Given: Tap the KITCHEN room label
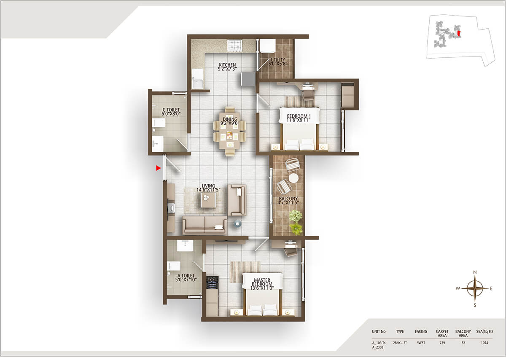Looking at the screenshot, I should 227,67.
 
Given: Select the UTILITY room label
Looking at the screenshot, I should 278,62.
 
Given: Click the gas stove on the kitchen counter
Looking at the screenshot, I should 233,45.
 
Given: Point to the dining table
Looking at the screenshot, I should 229,132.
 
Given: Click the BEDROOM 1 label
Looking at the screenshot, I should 299,118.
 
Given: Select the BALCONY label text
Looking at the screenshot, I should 288,201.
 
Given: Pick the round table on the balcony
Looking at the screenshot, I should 293,178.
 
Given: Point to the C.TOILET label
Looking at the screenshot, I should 171,113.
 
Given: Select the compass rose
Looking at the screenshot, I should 475,288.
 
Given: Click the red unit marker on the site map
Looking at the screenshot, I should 459,32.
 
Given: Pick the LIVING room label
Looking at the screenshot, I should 208,188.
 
